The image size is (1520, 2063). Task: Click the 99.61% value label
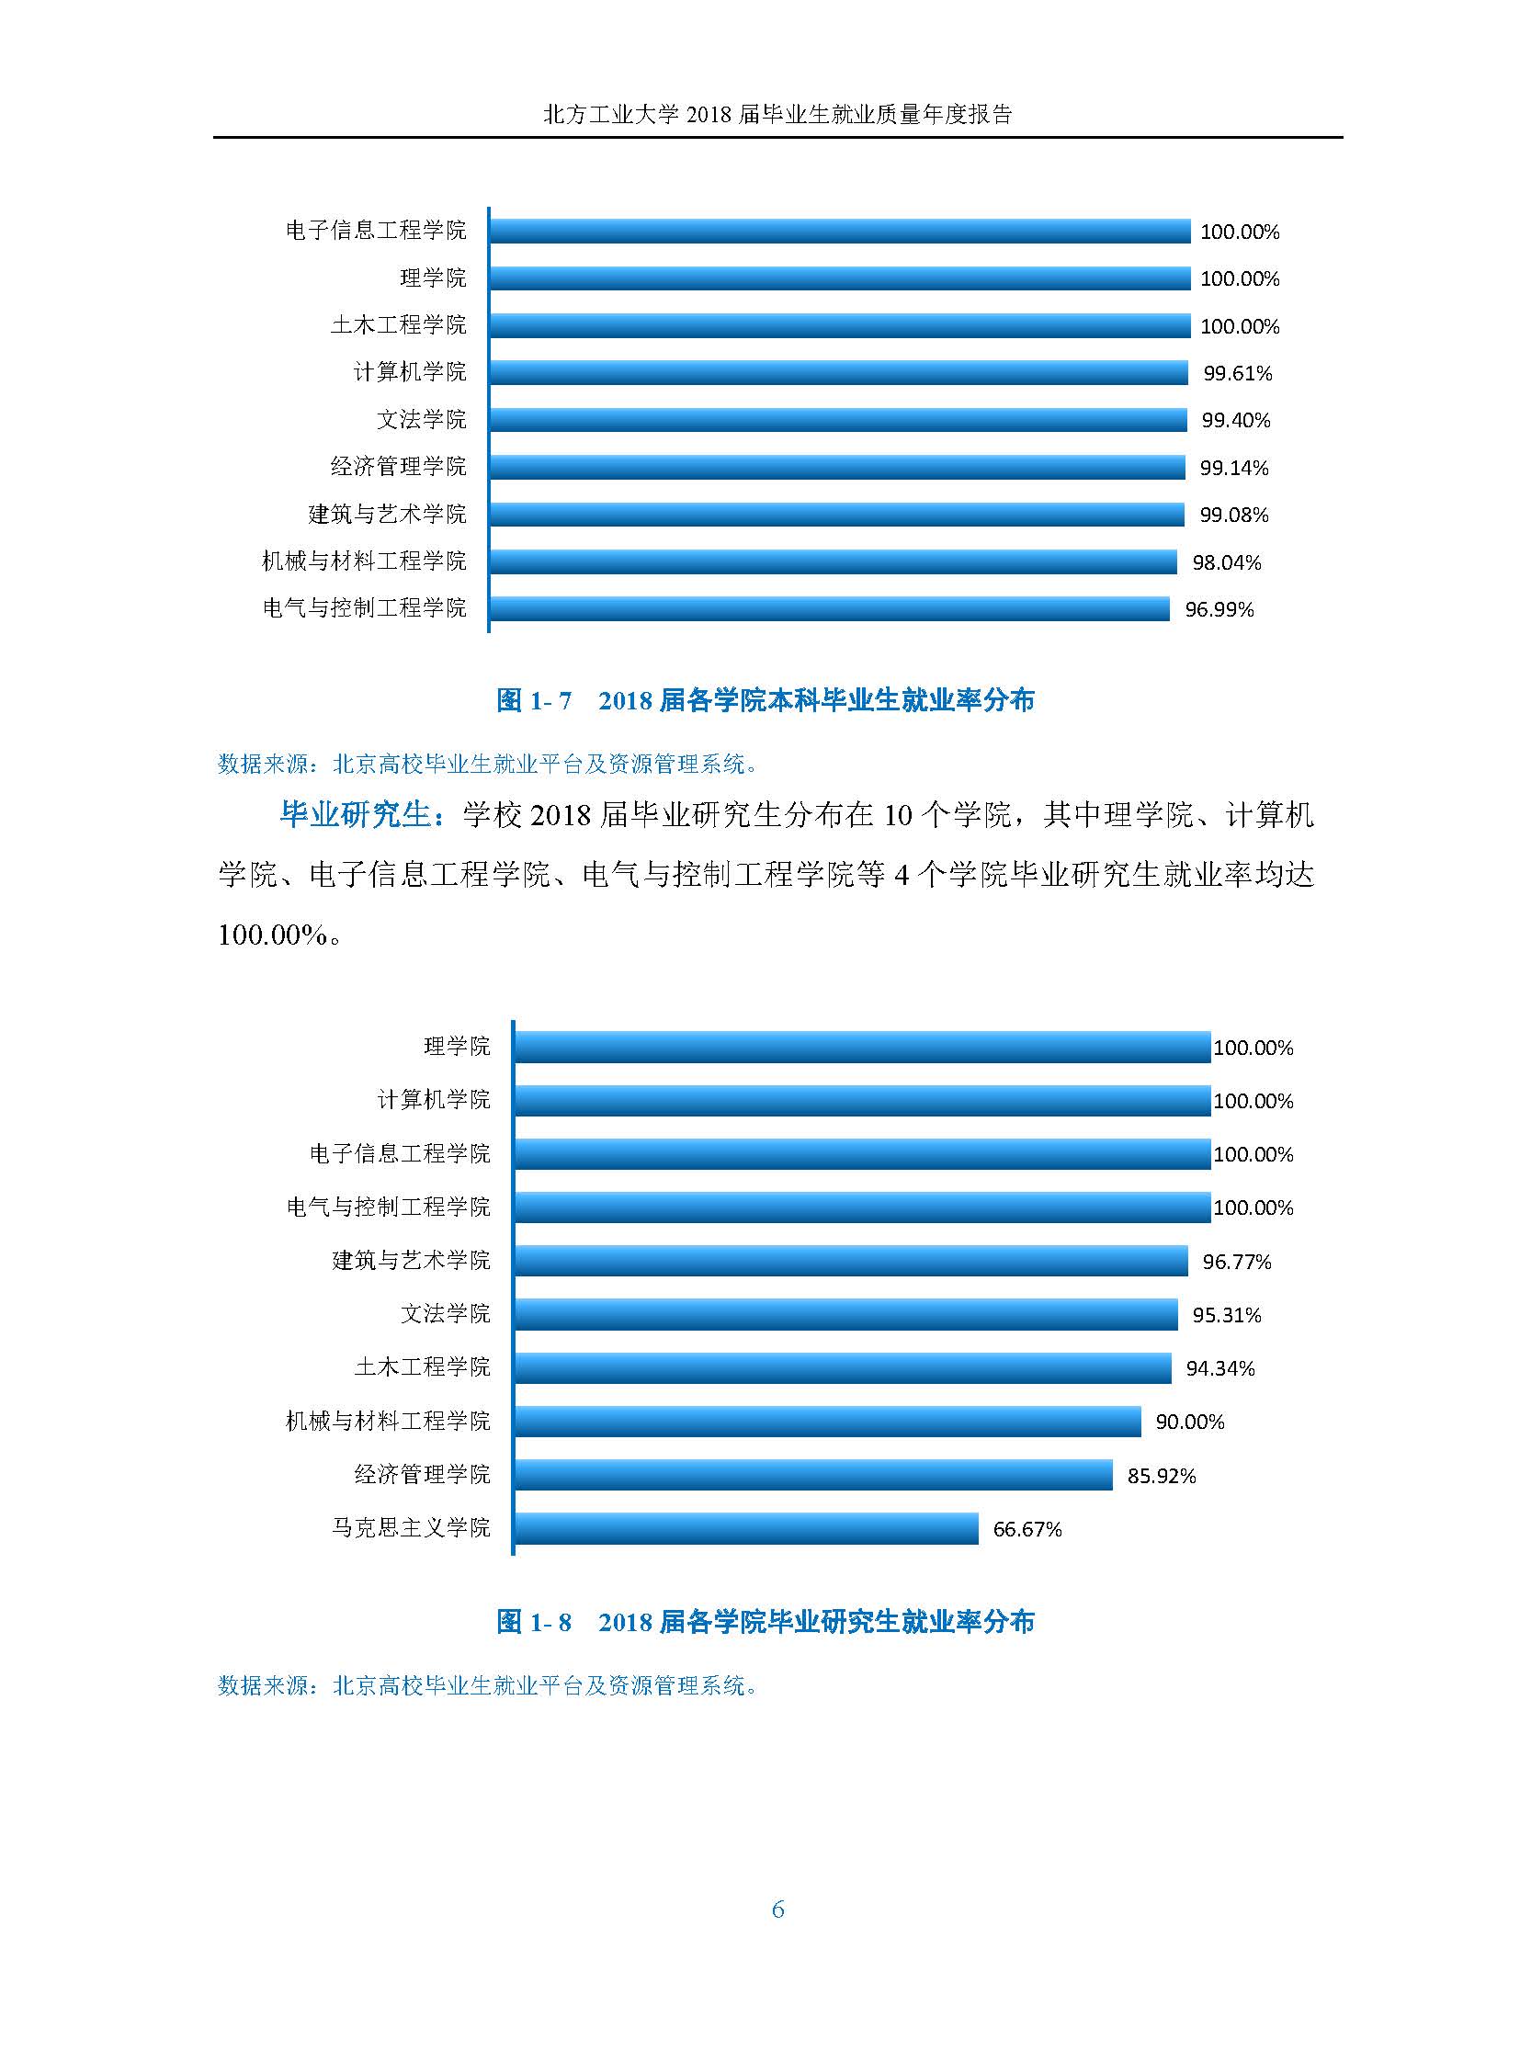coord(1238,374)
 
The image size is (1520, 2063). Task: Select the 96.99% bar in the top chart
coord(828,609)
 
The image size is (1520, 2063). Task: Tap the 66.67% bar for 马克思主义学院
coord(745,1528)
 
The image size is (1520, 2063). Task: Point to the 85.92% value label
coord(1162,1476)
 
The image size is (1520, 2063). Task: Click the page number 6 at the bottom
coord(777,1910)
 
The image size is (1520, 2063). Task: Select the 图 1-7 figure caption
coord(765,700)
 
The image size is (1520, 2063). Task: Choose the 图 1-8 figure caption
coord(765,1621)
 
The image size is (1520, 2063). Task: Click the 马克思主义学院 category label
coord(411,1527)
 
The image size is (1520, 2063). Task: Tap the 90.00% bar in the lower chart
coord(826,1422)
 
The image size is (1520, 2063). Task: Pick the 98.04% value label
coord(1227,562)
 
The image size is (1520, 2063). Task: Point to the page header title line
coord(777,114)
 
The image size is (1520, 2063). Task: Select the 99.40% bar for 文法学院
coord(837,421)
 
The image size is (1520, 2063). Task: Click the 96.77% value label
coord(1237,1262)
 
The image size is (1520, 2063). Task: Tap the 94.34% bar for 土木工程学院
coord(842,1368)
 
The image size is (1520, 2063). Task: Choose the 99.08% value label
coord(1234,516)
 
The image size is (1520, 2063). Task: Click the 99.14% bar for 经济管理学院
coord(836,468)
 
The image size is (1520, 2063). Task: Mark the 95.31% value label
coord(1227,1315)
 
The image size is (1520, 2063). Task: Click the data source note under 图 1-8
coord(488,1684)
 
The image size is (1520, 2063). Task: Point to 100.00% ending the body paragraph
coord(273,935)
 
